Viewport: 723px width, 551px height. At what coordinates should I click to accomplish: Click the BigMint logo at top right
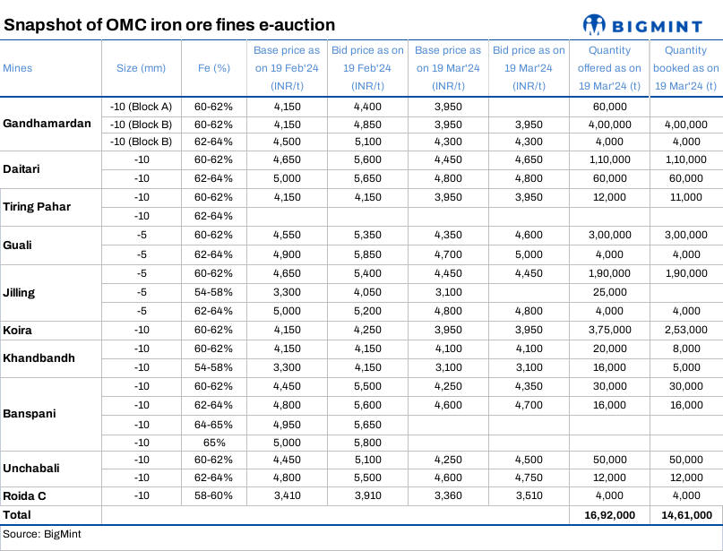pyautogui.click(x=648, y=24)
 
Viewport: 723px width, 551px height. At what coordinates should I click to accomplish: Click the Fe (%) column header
pyautogui.click(x=213, y=68)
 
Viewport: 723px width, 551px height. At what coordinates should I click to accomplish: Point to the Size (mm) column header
pyautogui.click(x=141, y=68)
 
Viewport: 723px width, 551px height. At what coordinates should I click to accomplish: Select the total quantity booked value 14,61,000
pyautogui.click(x=685, y=514)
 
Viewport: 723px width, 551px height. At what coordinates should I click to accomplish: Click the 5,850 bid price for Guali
pyautogui.click(x=366, y=254)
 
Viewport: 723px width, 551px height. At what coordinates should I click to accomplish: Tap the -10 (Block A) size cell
pyautogui.click(x=141, y=107)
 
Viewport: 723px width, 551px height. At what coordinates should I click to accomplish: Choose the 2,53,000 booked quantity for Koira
pyautogui.click(x=685, y=330)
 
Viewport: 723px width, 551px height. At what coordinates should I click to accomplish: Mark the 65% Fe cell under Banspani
pyautogui.click(x=213, y=442)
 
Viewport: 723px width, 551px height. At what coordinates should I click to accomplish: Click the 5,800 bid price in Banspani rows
pyautogui.click(x=366, y=442)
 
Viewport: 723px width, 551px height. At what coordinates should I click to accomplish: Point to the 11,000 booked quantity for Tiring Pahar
pyautogui.click(x=685, y=196)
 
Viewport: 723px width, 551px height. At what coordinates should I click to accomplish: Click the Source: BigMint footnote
pyautogui.click(x=34, y=534)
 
